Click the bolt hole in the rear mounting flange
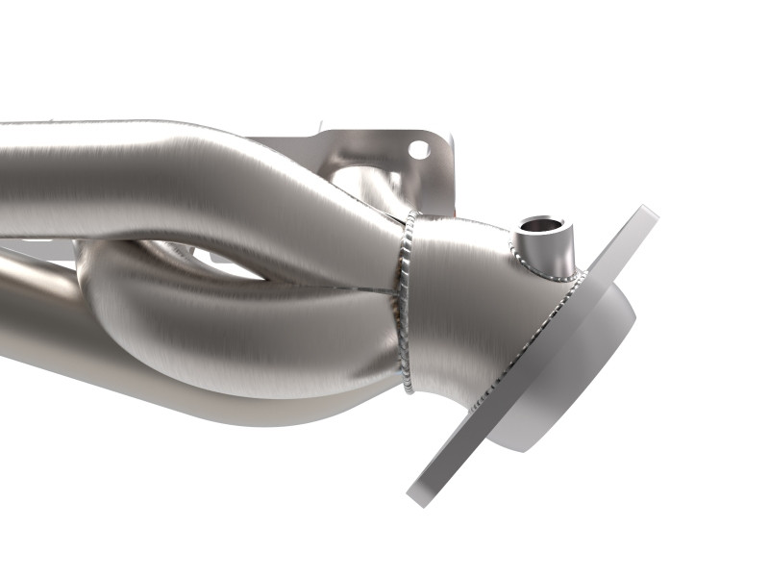[x=418, y=149]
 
